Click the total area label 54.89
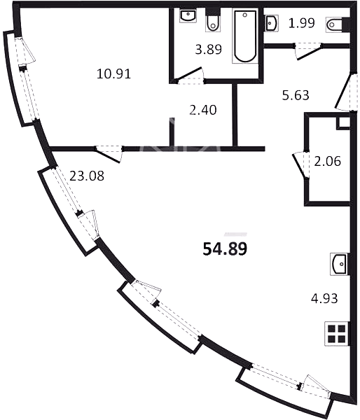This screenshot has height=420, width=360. [225, 248]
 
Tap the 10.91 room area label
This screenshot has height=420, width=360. [113, 73]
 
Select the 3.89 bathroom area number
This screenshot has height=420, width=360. [208, 49]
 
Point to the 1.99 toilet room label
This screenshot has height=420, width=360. [301, 23]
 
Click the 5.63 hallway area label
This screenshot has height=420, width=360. [296, 95]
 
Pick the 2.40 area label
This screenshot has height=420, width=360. [203, 110]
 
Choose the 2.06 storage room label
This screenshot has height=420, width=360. [327, 161]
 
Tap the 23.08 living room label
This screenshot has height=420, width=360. [87, 176]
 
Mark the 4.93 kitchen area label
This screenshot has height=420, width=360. [324, 298]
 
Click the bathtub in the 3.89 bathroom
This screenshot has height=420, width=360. [245, 36]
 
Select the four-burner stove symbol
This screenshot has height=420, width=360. [337, 334]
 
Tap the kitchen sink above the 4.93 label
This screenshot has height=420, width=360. [339, 264]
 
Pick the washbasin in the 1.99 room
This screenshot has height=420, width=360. [271, 23]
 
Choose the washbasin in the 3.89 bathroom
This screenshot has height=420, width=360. [188, 15]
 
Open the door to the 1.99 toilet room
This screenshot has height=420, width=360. [308, 52]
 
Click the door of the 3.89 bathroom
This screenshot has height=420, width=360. [190, 76]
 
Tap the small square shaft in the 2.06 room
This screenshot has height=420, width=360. [343, 123]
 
